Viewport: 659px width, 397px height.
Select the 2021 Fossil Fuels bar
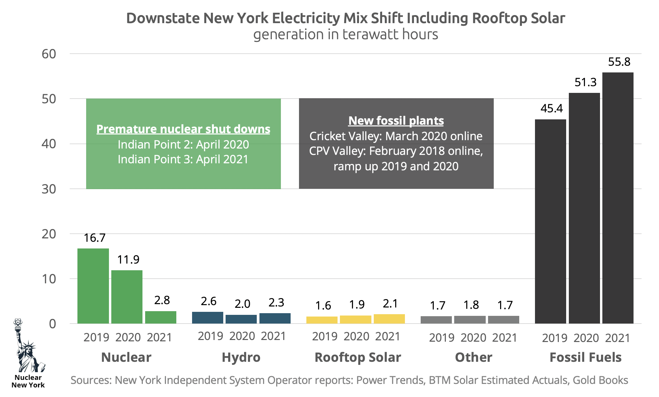point(618,198)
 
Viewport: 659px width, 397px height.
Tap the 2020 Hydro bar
point(241,319)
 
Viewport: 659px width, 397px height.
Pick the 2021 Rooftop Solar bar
point(389,319)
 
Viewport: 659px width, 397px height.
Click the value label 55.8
point(619,62)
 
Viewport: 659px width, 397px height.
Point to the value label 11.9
point(128,260)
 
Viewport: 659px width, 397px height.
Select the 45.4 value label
point(551,108)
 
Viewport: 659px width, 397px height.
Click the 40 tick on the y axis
point(49,144)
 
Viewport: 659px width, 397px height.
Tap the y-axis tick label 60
point(49,54)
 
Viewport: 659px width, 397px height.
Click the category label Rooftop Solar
point(358,357)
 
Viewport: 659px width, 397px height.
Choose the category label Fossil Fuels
point(585,357)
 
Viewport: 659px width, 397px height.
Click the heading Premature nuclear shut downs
point(183,129)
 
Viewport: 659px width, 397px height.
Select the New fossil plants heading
point(396,121)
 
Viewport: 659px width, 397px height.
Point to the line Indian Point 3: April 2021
point(183,159)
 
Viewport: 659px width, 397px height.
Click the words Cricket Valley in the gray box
point(345,136)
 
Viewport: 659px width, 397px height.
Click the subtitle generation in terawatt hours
point(345,35)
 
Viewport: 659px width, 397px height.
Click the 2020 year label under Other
point(473,338)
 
